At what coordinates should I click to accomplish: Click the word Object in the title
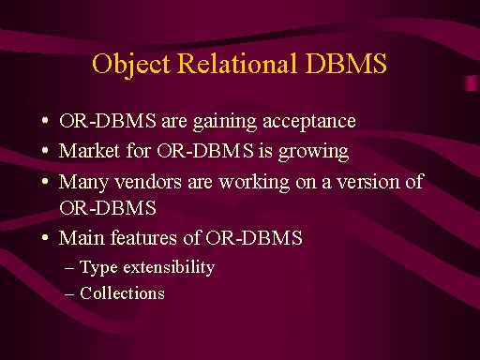(x=131, y=65)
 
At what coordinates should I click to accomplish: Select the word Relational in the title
(x=237, y=63)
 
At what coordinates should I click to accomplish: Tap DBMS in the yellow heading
(x=346, y=63)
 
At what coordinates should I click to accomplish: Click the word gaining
(x=225, y=122)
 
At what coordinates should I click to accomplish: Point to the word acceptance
(x=309, y=122)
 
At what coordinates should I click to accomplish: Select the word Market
(x=89, y=151)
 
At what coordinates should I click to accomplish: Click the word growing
(x=313, y=152)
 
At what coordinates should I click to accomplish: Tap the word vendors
(x=148, y=182)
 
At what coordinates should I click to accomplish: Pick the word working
(x=254, y=183)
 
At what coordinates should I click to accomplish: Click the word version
(x=368, y=182)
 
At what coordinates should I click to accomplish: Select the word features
(x=143, y=237)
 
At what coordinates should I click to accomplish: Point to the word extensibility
(x=169, y=267)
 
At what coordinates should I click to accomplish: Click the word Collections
(x=122, y=293)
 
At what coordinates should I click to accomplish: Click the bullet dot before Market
(x=45, y=150)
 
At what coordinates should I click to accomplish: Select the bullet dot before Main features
(x=45, y=237)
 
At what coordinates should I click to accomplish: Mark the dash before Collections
(x=69, y=294)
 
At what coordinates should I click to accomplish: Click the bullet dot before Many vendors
(x=45, y=181)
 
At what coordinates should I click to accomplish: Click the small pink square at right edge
(x=472, y=83)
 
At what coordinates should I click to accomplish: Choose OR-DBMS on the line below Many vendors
(x=108, y=208)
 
